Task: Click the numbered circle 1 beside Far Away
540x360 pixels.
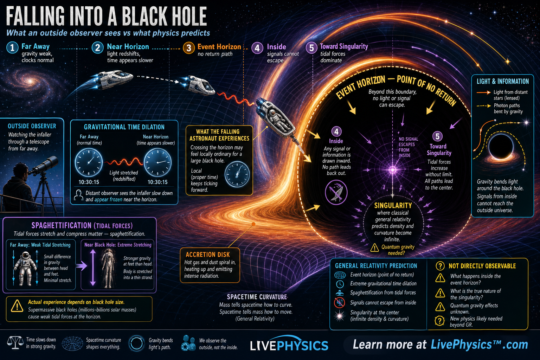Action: tap(12, 47)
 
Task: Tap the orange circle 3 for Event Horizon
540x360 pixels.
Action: tap(189, 48)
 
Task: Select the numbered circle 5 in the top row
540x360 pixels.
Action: tap(311, 47)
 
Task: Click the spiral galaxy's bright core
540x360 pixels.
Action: tap(30, 81)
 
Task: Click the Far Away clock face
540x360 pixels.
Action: tap(89, 162)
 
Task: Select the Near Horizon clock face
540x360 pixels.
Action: tap(157, 162)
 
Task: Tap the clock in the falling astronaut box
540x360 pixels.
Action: tap(237, 174)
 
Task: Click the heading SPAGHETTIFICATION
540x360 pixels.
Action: tap(62, 225)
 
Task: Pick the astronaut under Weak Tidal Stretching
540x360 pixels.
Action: tap(25, 268)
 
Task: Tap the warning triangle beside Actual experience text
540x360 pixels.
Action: tap(17, 306)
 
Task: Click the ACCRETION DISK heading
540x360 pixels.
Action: tap(207, 255)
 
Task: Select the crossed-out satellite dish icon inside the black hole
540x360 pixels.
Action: tap(336, 192)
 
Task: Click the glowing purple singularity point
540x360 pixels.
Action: tap(392, 170)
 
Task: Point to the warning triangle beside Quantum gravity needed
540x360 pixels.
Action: tap(374, 247)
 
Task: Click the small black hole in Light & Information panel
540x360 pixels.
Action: tap(501, 146)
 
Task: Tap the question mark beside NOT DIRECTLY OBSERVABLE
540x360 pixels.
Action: tap(440, 266)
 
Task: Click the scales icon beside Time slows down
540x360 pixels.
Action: tap(15, 343)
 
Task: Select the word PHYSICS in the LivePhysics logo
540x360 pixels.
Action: tap(303, 346)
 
